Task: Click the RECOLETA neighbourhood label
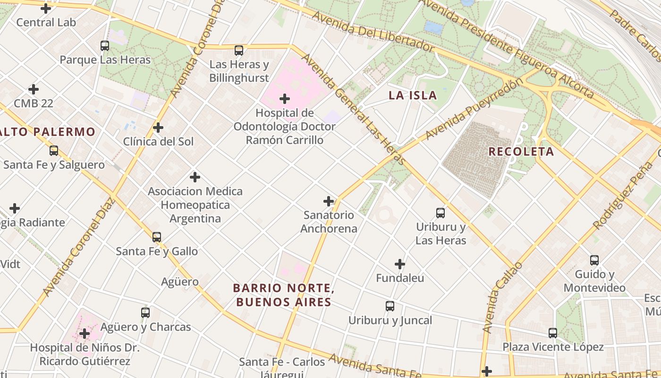(x=521, y=152)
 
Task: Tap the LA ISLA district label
(x=413, y=95)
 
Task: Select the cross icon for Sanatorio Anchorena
(x=329, y=201)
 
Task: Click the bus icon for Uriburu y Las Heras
(x=441, y=213)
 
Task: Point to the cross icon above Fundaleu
(x=400, y=264)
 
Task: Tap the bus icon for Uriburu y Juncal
(x=390, y=306)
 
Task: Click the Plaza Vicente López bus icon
(x=553, y=333)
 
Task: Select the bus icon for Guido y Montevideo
(x=594, y=260)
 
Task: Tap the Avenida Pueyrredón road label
(x=474, y=109)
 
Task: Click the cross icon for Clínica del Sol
(x=158, y=128)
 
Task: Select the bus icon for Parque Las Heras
(x=105, y=46)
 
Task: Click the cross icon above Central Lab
(x=46, y=8)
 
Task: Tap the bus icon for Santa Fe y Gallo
(x=157, y=237)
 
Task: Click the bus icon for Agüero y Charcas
(x=145, y=313)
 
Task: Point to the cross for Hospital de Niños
(x=85, y=334)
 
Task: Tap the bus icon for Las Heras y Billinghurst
(x=239, y=51)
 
